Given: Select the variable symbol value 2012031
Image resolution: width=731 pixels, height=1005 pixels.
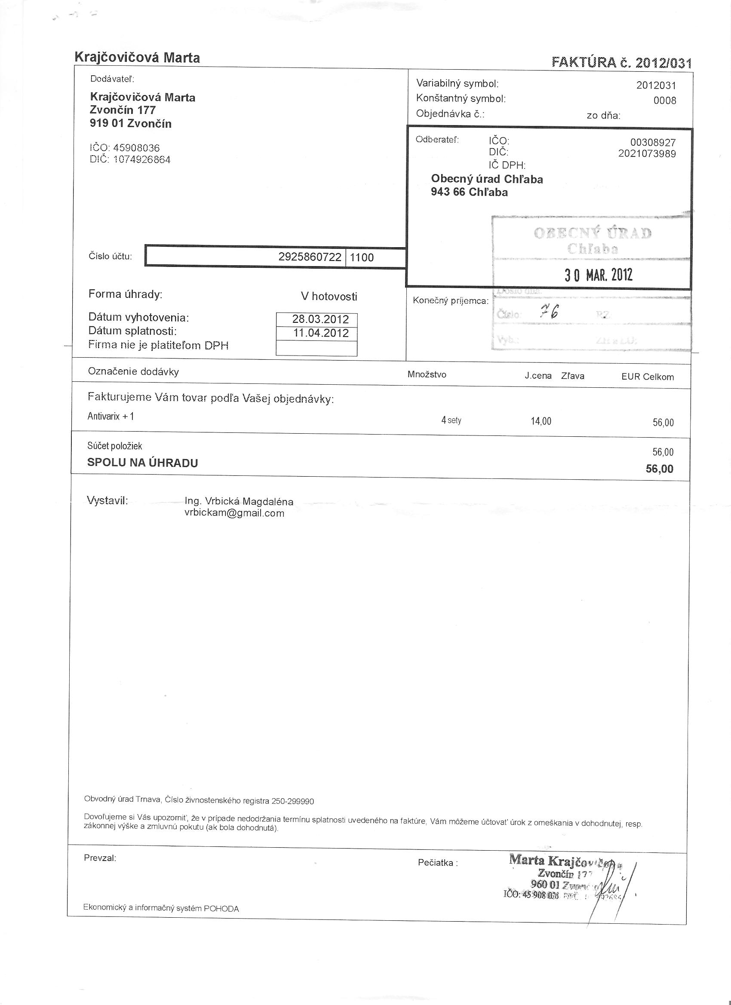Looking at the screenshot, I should (656, 85).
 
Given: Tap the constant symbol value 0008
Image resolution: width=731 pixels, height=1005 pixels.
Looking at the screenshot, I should (664, 100).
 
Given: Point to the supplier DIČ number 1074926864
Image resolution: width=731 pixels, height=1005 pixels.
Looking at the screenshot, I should (142, 159).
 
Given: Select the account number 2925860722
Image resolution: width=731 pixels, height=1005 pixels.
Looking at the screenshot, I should (310, 257).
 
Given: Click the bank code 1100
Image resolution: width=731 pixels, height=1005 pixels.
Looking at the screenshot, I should (362, 257).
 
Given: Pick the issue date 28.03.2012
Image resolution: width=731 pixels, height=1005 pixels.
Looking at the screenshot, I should (320, 319).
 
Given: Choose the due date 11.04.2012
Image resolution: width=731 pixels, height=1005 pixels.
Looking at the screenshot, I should (320, 333).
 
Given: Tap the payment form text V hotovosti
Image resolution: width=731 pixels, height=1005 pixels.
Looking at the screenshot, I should (329, 297).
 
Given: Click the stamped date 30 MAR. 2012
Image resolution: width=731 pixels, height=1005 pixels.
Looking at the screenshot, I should (598, 275).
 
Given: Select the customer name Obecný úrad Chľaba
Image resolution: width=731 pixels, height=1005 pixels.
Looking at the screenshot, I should (487, 179).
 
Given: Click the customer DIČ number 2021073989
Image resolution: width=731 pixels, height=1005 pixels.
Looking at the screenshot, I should (647, 154).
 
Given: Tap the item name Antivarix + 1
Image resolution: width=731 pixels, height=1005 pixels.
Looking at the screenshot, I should (111, 416).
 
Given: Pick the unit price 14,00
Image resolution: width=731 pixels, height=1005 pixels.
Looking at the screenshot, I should (541, 421).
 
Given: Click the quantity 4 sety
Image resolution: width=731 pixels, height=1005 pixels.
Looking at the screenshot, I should (451, 420).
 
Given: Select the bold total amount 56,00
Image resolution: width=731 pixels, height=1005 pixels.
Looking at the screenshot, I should (659, 469).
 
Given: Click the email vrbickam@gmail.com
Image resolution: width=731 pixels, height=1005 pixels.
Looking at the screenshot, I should (234, 513).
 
